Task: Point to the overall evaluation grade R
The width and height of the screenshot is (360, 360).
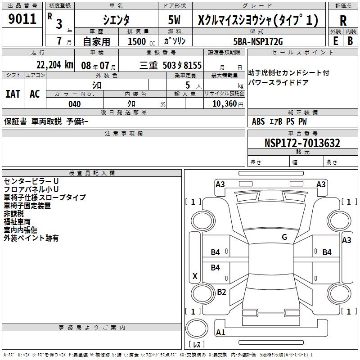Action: (x=343, y=21)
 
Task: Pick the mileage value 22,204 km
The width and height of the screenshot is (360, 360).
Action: (x=54, y=65)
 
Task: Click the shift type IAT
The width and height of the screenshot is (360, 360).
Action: (x=13, y=94)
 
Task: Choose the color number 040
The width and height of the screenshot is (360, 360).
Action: (x=75, y=104)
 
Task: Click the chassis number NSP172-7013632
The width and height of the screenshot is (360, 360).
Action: (x=302, y=143)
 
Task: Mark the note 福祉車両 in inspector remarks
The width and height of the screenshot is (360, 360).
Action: (x=17, y=222)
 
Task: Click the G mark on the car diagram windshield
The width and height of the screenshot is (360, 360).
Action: (x=284, y=237)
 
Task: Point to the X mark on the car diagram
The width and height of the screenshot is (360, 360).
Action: (x=195, y=276)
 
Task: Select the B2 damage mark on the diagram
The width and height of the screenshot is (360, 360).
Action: (x=221, y=292)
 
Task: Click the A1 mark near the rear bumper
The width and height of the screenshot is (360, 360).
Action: (x=220, y=333)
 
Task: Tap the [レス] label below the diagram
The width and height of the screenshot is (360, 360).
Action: (x=197, y=345)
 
